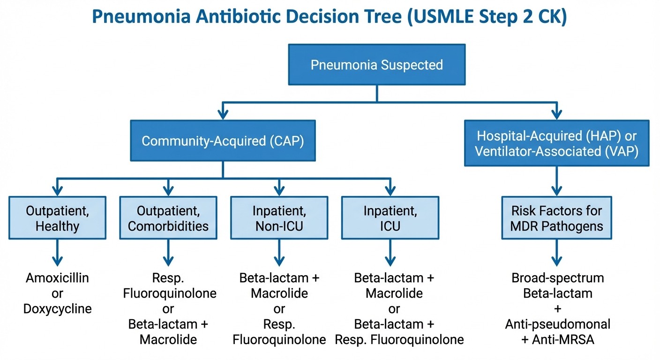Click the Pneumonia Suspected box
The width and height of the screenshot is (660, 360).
[376, 64]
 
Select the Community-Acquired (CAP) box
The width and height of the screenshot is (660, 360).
[223, 141]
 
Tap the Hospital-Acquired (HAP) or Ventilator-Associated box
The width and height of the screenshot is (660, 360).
[556, 144]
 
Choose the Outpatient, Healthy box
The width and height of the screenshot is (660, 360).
[58, 218]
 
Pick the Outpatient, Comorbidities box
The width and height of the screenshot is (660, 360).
[168, 218]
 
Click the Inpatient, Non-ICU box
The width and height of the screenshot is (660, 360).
[279, 218]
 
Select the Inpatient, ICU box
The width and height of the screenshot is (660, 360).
[390, 218]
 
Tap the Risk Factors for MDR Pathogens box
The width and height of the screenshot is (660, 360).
[556, 218]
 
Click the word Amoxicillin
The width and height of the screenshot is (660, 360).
[58, 278]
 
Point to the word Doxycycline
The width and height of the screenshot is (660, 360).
[58, 309]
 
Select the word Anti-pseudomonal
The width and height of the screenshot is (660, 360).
[557, 324]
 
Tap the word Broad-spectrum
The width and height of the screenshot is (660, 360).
[557, 278]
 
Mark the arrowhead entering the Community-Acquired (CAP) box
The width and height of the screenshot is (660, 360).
[223, 113]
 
